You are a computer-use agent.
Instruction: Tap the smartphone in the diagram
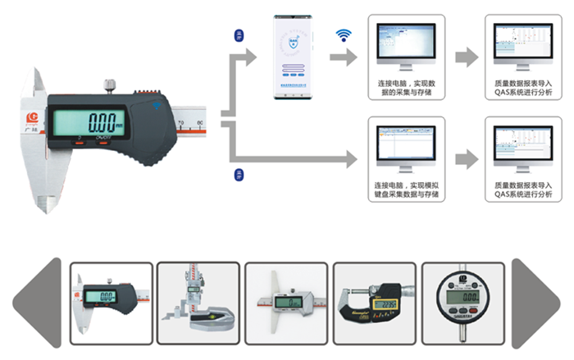[x=295, y=58]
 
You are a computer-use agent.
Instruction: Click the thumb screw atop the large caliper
[x=108, y=84]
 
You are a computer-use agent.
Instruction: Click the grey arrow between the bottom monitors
[x=465, y=157]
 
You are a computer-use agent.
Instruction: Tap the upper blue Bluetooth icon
[x=239, y=35]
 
